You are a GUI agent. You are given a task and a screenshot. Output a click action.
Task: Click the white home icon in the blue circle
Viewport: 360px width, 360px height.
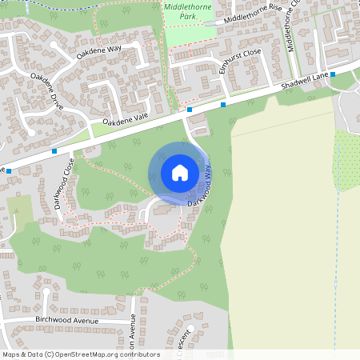[x=179, y=172]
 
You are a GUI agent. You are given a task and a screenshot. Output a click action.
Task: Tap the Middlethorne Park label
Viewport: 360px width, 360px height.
[x=186, y=10]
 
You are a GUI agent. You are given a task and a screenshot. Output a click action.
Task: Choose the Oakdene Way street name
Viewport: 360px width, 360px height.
[x=98, y=53]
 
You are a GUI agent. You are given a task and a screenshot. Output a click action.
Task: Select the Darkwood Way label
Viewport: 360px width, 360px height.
[x=201, y=187]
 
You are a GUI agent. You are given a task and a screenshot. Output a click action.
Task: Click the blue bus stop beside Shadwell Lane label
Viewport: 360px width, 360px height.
[x=333, y=74]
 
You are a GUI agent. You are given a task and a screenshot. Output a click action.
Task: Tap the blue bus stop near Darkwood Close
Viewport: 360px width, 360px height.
[x=54, y=150]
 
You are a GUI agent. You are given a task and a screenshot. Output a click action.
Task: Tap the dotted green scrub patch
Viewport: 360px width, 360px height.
[x=346, y=160]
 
